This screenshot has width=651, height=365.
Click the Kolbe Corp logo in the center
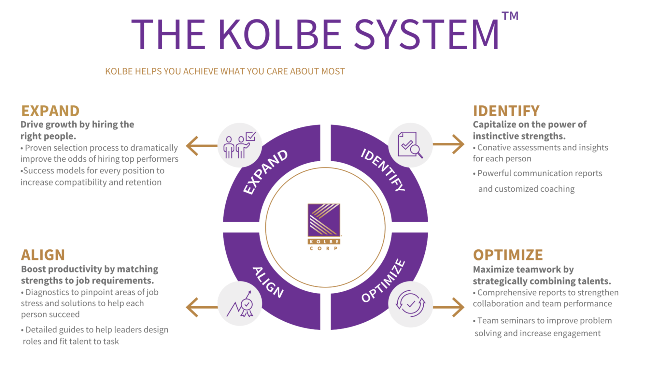point(324,226)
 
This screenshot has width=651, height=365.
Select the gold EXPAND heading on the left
point(50,111)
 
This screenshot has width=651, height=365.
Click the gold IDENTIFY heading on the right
point(506,111)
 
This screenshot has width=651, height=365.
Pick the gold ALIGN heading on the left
point(43,255)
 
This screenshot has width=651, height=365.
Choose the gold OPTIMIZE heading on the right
point(508,255)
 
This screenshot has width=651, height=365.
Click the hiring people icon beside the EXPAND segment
point(240,145)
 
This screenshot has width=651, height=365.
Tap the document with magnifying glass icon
point(410,145)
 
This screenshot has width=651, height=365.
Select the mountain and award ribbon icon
point(240,304)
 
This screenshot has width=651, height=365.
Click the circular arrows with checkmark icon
point(410,304)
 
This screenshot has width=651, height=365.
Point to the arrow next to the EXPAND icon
point(201,145)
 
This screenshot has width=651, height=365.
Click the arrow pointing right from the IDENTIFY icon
point(449,144)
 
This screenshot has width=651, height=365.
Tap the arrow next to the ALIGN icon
point(201,307)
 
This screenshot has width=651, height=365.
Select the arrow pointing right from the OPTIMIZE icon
point(449,307)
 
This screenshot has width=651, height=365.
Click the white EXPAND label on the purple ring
point(266,172)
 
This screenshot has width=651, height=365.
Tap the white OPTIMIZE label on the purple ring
point(383,281)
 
